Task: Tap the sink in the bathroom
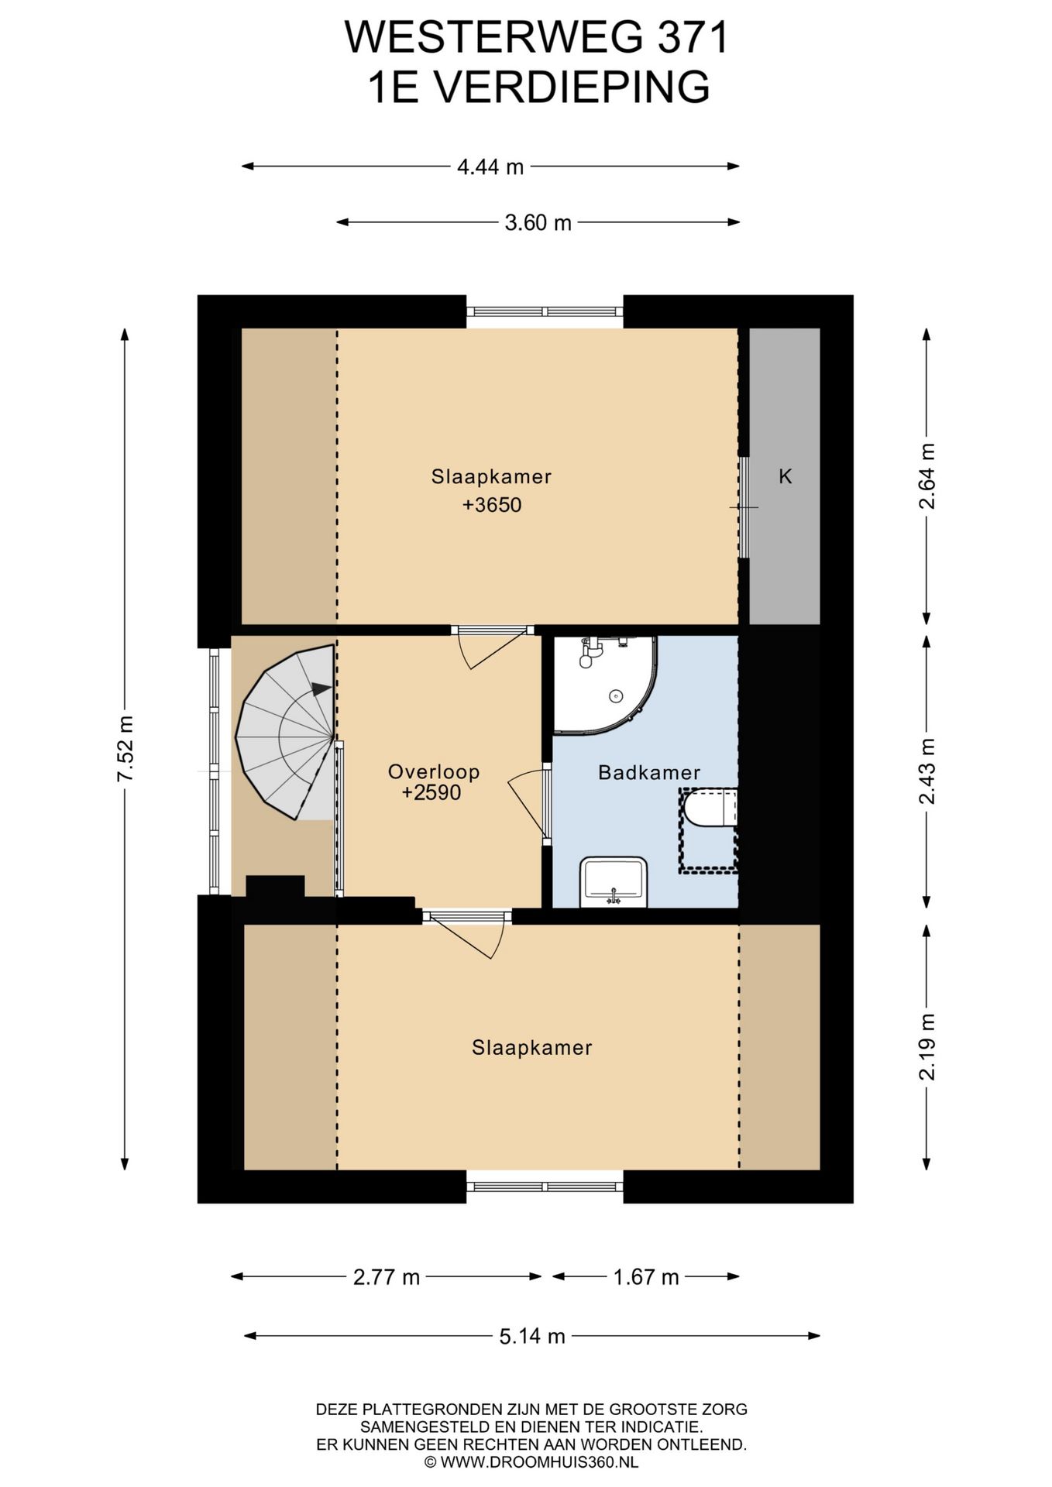pos(614,881)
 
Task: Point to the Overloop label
pos(434,771)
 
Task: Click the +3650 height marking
pos(492,505)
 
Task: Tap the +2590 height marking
pos(431,792)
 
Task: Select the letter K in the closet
pos(785,476)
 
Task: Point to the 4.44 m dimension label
pos(490,167)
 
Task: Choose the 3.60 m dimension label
pos(538,223)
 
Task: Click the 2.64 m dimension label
pos(927,476)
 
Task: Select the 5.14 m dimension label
pos(532,1336)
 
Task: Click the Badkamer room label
pos(649,772)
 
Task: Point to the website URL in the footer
pos(531,1462)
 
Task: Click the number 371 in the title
pos(694,37)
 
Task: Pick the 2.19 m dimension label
pos(927,1046)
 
